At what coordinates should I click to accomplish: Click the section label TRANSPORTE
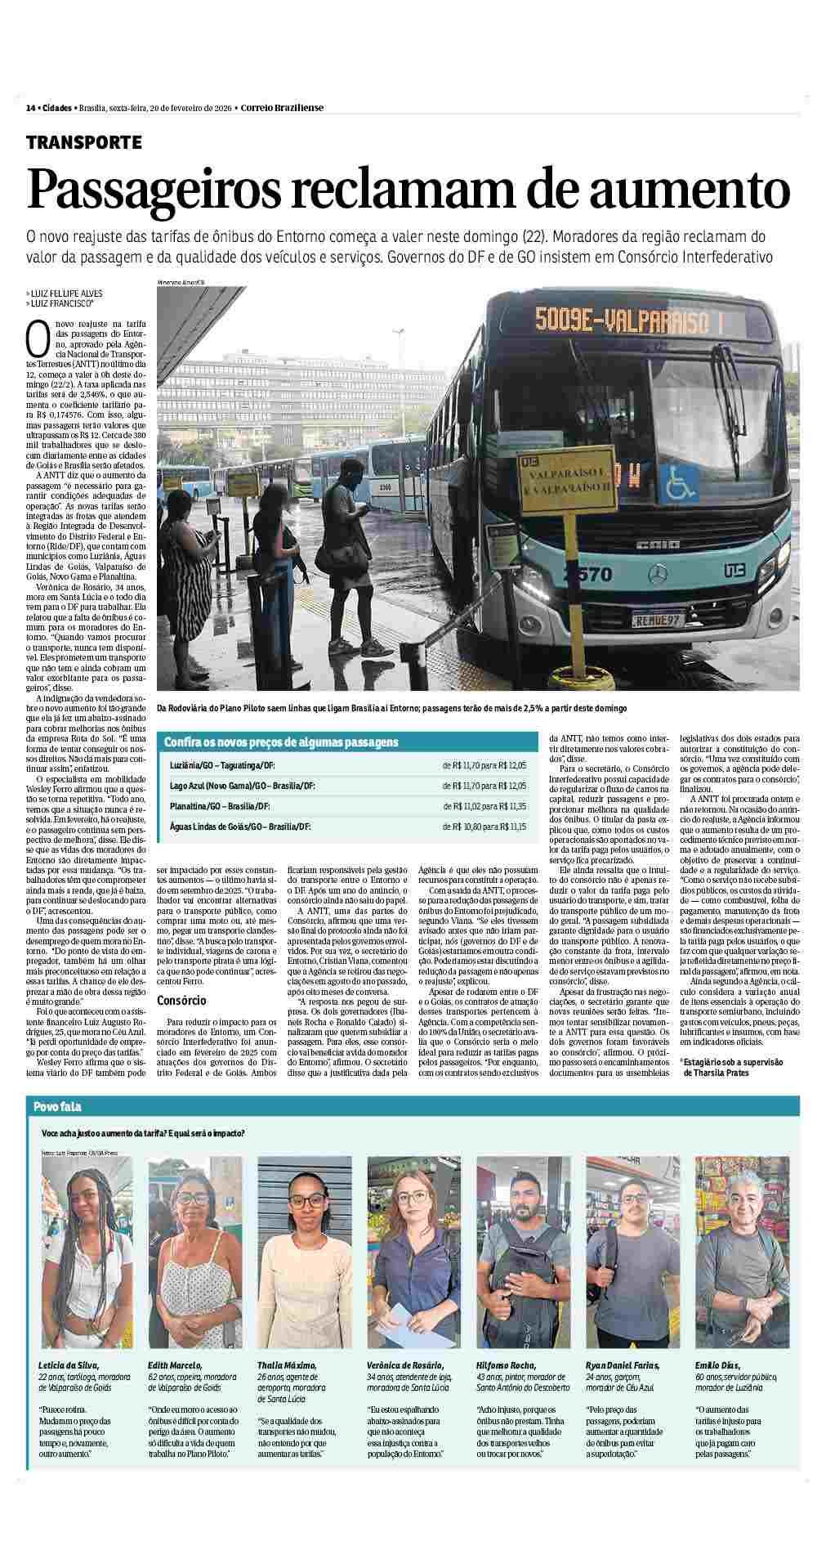pos(83,142)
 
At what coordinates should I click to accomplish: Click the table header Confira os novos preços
pos(281,742)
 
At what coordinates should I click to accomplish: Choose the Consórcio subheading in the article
pos(181,1000)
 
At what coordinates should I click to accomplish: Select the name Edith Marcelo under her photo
pos(176,1365)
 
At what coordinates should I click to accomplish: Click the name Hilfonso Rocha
pos(507,1365)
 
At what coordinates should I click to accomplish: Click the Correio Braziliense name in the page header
pos(283,108)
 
